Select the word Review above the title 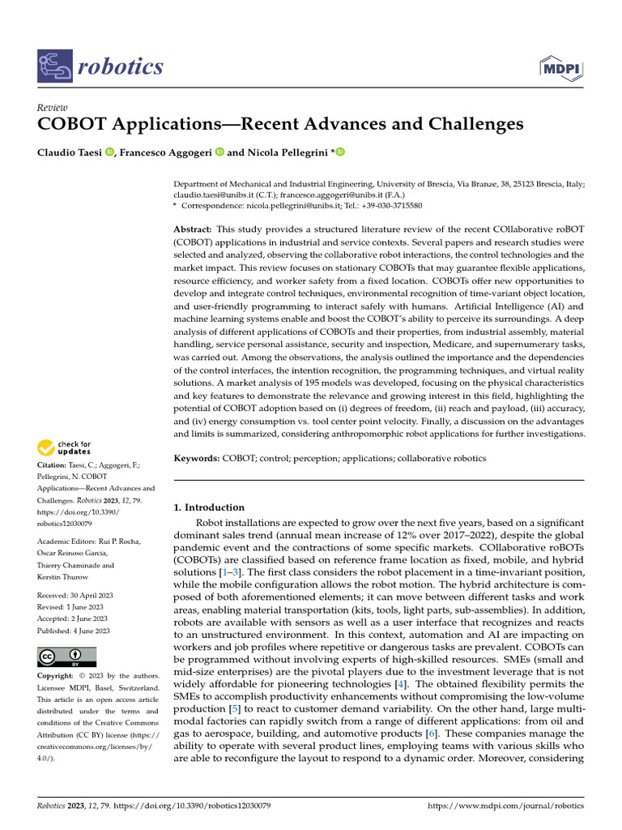click(x=53, y=108)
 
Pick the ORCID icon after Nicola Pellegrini click(x=340, y=152)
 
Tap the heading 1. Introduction click(x=210, y=507)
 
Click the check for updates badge click(x=64, y=447)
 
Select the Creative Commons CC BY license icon click(x=66, y=657)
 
